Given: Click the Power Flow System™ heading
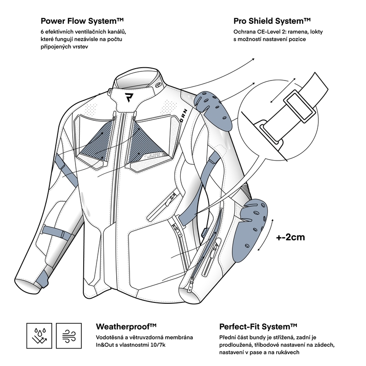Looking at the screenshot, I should click(x=82, y=21).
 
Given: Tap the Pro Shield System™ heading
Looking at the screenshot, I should click(x=272, y=21).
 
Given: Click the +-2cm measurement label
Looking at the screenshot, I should click(x=291, y=238).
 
